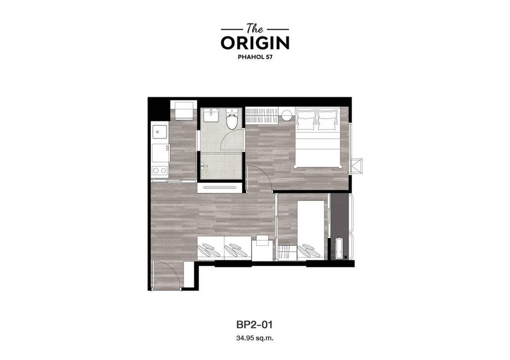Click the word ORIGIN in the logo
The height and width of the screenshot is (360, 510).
[x=255, y=43]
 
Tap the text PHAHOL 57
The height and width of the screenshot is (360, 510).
[x=255, y=57]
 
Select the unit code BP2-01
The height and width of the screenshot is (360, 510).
[x=254, y=324]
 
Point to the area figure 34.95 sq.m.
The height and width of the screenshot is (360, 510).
[x=255, y=338]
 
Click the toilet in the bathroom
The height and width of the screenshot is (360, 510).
[x=232, y=119]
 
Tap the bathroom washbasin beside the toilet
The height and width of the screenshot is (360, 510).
[x=211, y=115]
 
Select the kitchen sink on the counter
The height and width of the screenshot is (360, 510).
[x=159, y=132]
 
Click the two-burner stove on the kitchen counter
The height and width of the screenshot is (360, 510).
[x=160, y=170]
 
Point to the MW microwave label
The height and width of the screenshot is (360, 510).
[x=167, y=148]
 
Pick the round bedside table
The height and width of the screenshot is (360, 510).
[x=287, y=116]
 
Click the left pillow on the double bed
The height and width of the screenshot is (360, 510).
[x=306, y=120]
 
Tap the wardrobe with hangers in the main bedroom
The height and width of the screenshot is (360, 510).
[x=262, y=116]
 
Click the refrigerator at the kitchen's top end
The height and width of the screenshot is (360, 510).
[x=184, y=110]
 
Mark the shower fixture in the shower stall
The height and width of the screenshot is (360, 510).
[x=204, y=166]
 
